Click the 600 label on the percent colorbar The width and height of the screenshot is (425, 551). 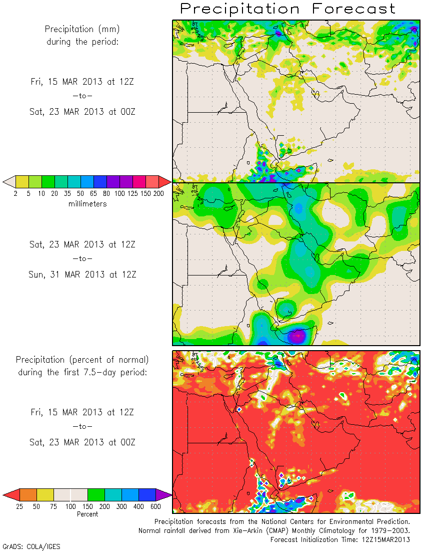click(x=155, y=506)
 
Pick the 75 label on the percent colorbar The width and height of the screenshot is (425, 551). click(x=53, y=506)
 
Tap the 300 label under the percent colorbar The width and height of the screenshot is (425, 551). click(x=121, y=506)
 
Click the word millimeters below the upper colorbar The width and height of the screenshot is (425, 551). click(x=87, y=204)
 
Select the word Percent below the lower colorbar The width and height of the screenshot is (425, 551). click(x=87, y=514)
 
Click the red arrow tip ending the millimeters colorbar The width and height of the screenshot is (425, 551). click(x=165, y=181)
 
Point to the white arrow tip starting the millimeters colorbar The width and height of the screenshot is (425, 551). click(x=8, y=181)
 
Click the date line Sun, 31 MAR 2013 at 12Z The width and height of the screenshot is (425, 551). click(x=82, y=274)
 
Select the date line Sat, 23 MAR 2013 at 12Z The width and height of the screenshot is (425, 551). click(x=82, y=244)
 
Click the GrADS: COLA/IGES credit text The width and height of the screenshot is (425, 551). click(x=31, y=546)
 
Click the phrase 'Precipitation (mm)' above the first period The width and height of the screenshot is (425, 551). click(x=82, y=30)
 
